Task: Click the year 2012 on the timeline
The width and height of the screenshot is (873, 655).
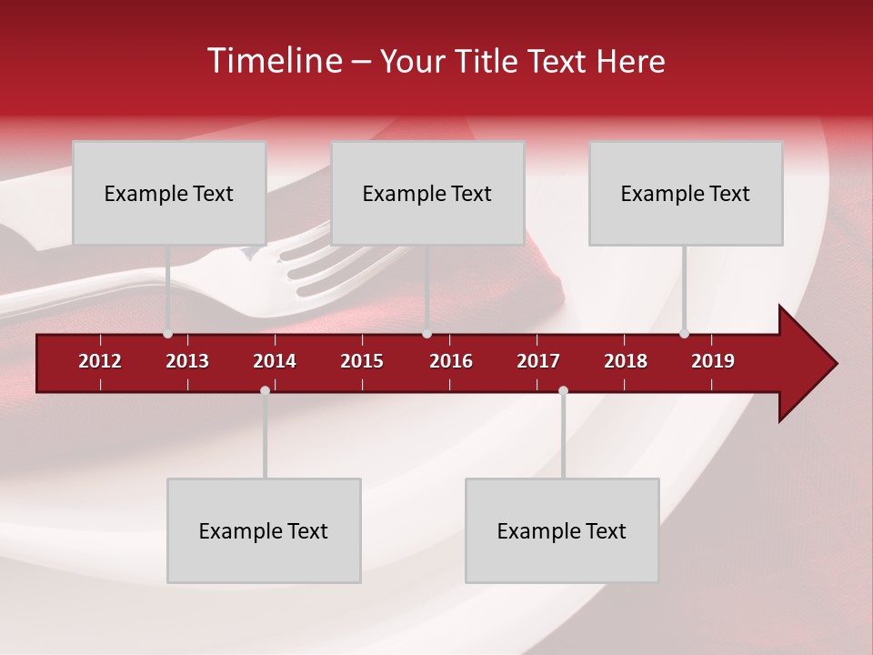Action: [100, 361]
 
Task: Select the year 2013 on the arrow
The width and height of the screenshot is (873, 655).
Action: [187, 361]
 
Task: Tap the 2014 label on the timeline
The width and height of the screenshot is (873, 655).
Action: [275, 361]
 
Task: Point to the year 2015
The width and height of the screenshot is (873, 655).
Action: [362, 361]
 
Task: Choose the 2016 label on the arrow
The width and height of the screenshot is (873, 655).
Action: [451, 361]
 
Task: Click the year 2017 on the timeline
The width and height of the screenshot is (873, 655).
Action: [538, 361]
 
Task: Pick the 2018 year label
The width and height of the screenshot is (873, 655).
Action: [626, 361]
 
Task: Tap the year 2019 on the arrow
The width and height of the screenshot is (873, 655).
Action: [713, 361]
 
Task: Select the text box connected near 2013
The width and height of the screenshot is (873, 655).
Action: [169, 193]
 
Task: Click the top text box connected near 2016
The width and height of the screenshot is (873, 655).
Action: [427, 193]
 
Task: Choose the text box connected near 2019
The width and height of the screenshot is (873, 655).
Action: [686, 193]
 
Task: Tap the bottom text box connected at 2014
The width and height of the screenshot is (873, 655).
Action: [264, 530]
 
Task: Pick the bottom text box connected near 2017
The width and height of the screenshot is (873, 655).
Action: [562, 530]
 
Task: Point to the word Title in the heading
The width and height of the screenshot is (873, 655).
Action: [490, 62]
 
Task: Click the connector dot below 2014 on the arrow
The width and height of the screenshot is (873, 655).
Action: [265, 390]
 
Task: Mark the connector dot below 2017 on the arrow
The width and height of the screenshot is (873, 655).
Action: [563, 390]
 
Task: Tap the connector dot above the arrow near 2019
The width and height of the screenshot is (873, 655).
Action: [684, 333]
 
